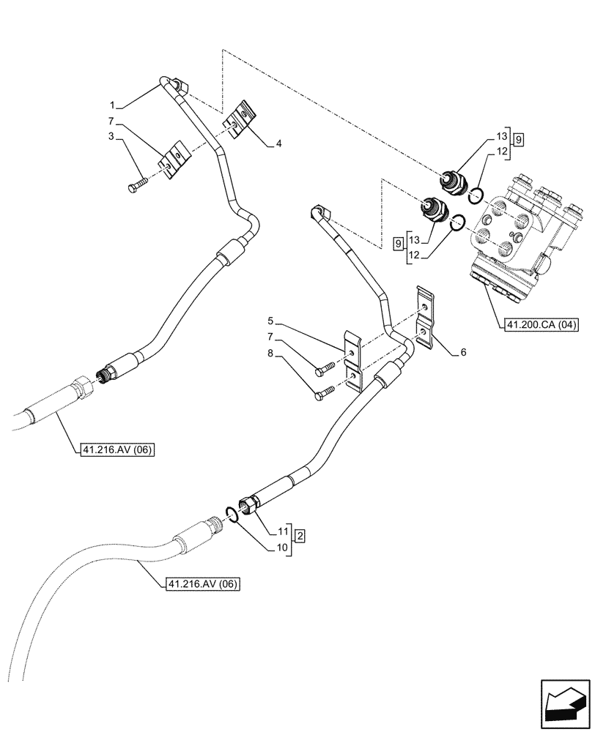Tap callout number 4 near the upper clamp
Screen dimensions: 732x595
coord(278,144)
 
